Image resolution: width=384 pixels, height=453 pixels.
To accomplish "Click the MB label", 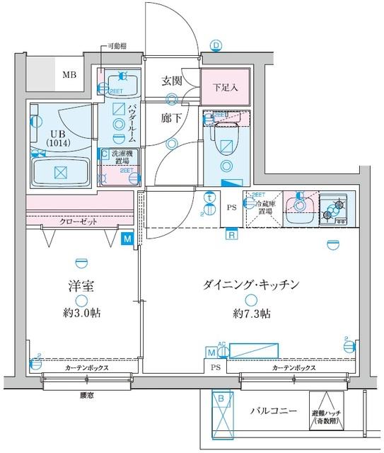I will click(x=69, y=74).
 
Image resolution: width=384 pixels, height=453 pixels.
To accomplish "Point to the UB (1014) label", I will click(x=54, y=137).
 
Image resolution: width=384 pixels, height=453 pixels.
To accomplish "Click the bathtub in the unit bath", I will click(x=60, y=172).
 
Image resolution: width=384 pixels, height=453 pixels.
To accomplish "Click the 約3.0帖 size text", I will click(x=81, y=312).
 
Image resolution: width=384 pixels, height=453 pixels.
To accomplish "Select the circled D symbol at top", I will click(x=216, y=47).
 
